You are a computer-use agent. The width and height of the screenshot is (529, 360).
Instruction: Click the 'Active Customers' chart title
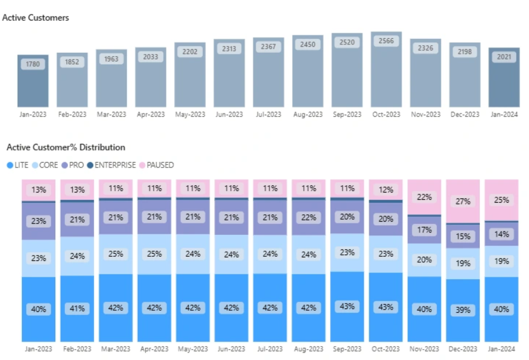tap(35, 18)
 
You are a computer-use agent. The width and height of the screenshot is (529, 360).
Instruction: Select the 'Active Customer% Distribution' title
tap(66, 148)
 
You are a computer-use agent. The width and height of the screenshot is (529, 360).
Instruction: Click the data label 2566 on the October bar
tap(386, 41)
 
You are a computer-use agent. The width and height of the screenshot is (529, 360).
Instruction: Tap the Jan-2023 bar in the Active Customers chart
tap(33, 82)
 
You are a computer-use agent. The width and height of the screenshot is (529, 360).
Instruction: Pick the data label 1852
tap(72, 62)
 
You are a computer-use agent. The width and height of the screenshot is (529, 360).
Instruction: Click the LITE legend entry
tap(18, 165)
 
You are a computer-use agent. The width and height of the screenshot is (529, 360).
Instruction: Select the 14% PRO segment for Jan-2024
tap(502, 234)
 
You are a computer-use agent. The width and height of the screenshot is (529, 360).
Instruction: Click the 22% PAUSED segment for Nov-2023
tap(425, 197)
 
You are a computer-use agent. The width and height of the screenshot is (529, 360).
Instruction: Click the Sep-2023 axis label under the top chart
tap(347, 114)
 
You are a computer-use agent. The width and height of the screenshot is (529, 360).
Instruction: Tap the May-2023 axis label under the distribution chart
tap(193, 349)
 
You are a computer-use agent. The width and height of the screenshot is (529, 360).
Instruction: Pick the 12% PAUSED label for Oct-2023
tap(386, 189)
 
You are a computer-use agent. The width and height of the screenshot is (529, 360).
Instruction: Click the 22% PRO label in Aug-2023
tap(309, 217)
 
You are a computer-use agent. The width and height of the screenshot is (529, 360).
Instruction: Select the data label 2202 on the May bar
tap(190, 52)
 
